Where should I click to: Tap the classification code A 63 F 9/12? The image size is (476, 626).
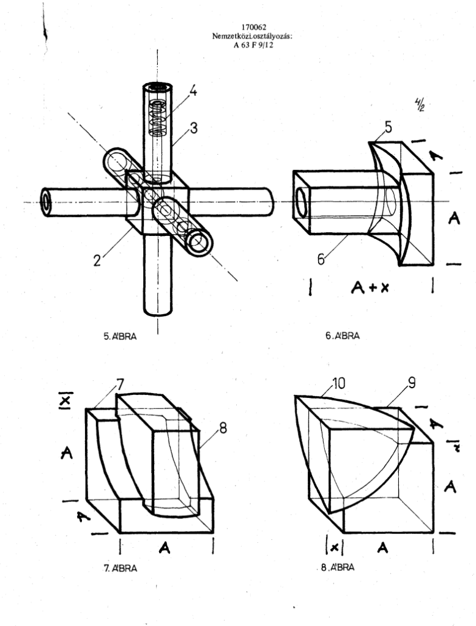click(253, 45)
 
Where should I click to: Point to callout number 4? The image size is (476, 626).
click(193, 91)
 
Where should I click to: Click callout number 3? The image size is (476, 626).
click(194, 128)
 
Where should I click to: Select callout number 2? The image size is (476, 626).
click(97, 260)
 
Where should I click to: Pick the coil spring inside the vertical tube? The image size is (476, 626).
click(157, 118)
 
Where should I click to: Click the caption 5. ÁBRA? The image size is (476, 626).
click(120, 337)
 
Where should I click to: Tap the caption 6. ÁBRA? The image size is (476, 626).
click(343, 336)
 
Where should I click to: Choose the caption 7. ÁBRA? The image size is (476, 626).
click(121, 568)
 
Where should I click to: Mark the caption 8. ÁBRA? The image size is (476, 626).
click(338, 567)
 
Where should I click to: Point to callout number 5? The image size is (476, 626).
click(388, 127)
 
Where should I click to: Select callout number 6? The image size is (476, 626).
click(321, 259)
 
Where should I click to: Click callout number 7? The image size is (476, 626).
click(121, 384)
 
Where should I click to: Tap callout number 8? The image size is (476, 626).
click(223, 428)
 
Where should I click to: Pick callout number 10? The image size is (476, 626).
click(338, 383)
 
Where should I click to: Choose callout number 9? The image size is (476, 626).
click(412, 383)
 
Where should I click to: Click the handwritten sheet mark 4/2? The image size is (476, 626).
click(419, 105)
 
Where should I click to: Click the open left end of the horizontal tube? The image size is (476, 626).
click(46, 202)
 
